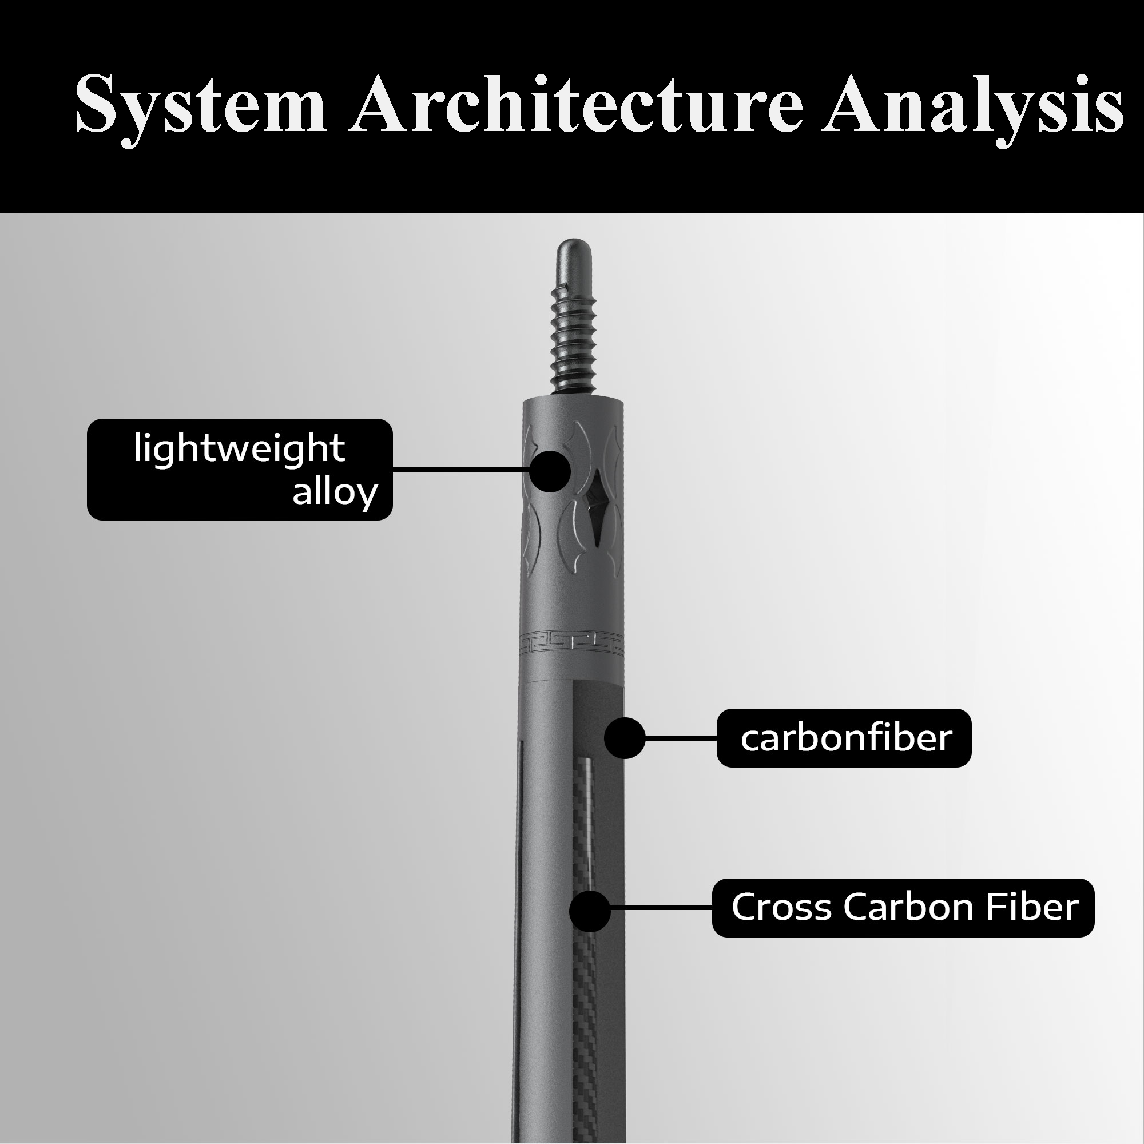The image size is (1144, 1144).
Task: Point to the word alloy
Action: tap(335, 491)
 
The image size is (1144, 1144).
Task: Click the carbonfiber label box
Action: tap(844, 738)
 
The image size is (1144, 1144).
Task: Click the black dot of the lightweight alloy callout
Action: tap(550, 471)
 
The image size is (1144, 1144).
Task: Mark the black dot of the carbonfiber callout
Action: tap(625, 738)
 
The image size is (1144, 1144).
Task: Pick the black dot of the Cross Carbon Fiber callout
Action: tap(590, 912)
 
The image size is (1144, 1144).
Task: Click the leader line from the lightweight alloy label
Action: tap(462, 470)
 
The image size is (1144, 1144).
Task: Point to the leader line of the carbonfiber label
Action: tap(680, 738)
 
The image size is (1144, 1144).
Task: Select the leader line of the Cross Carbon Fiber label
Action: tap(661, 907)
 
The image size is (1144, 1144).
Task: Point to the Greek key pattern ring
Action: tap(572, 643)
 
